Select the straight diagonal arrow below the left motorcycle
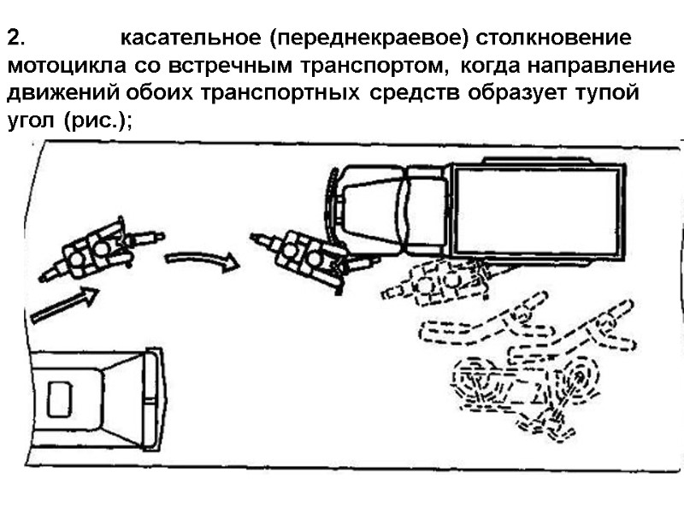tap(64, 305)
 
